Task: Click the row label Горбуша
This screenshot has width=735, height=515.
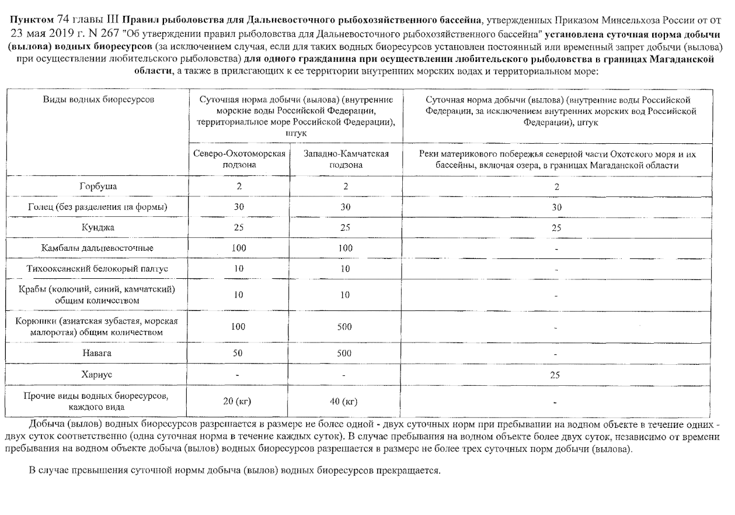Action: [97, 186]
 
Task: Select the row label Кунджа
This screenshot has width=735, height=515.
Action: [97, 227]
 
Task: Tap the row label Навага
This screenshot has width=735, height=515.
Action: [97, 353]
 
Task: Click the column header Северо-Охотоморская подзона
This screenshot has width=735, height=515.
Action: [239, 159]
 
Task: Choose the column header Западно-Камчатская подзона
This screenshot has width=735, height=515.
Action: [347, 159]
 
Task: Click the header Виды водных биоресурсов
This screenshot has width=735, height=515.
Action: [98, 99]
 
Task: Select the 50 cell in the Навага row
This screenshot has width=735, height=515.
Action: [238, 353]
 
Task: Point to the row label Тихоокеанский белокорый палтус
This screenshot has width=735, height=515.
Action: [97, 269]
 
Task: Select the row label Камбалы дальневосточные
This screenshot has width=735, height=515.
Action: [97, 248]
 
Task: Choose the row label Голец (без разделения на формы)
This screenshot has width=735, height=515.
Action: [97, 207]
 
